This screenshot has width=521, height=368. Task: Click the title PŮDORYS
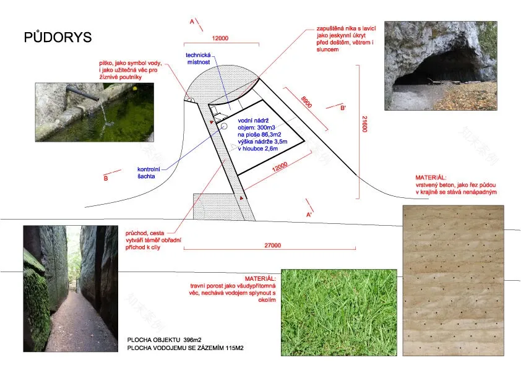(x=58, y=37)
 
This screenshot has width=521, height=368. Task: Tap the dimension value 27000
(x=272, y=245)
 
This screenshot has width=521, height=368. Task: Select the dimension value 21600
(x=364, y=124)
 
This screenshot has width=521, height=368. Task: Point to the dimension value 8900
(x=306, y=101)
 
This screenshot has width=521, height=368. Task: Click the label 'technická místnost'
(x=199, y=59)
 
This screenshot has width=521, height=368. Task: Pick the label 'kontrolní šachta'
(x=149, y=173)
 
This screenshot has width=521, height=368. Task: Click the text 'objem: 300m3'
(x=256, y=127)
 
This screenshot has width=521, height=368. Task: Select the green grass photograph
(x=339, y=312)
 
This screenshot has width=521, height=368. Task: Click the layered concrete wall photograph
(x=453, y=281)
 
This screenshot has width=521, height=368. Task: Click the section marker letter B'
(x=343, y=108)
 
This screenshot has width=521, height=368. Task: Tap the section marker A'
(x=309, y=215)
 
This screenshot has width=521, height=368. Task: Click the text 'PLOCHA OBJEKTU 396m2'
(x=164, y=340)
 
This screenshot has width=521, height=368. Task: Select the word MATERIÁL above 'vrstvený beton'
(x=431, y=178)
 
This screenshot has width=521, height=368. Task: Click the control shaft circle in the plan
(x=224, y=126)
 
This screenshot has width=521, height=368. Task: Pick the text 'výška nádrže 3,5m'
(x=262, y=142)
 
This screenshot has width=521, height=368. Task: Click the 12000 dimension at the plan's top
(x=220, y=38)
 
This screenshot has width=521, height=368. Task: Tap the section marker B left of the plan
(x=106, y=178)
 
